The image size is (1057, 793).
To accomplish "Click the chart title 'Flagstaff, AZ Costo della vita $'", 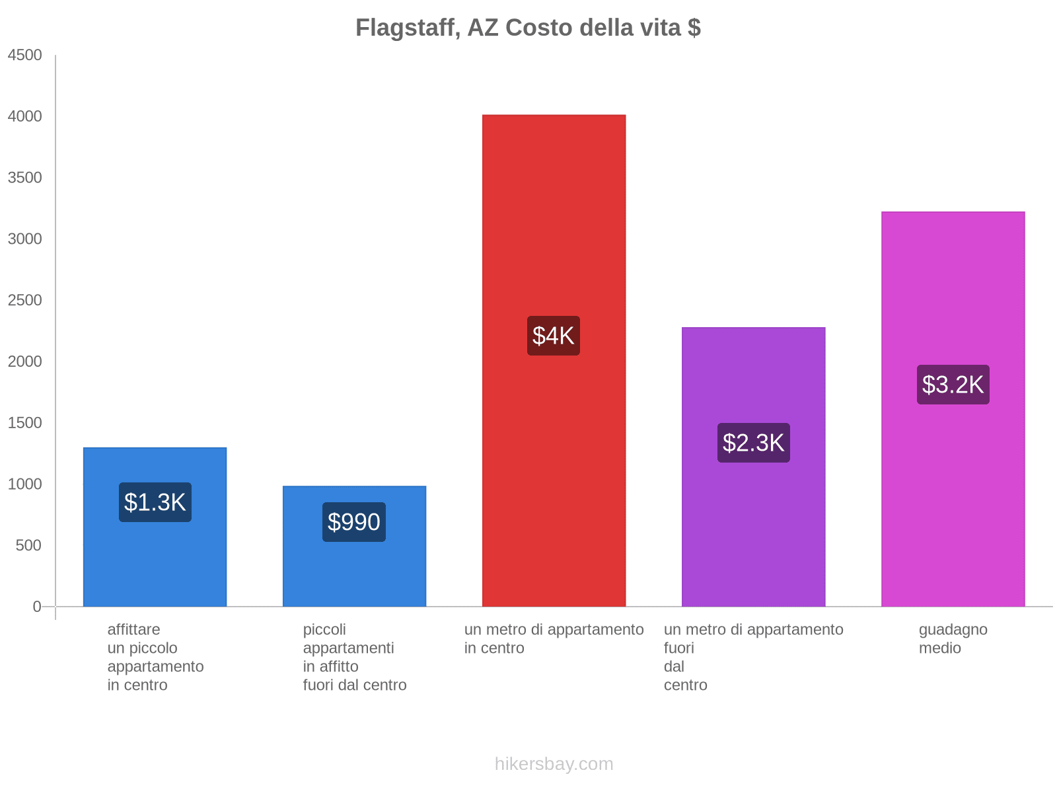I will [528, 28].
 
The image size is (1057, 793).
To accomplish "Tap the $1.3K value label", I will [155, 502].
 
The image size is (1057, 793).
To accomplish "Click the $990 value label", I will [354, 522].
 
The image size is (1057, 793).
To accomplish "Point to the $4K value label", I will [554, 336].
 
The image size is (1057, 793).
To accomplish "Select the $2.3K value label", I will [753, 443].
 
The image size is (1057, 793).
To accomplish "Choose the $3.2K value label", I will [953, 385].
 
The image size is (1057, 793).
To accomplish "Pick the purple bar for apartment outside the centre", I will [753, 529].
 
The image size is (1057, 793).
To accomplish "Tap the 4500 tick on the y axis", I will [25, 56].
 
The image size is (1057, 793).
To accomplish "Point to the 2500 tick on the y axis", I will [25, 301].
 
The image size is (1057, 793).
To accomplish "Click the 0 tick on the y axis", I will [37, 607].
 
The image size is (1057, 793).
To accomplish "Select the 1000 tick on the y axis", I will [25, 484].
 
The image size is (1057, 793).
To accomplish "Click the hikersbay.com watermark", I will [554, 764].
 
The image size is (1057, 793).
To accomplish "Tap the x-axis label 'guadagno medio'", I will [953, 638].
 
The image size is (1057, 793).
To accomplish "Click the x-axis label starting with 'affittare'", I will [155, 657].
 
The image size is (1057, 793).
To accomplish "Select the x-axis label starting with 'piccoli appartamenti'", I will [354, 657].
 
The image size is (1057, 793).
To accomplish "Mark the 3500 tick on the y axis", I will [25, 178].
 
